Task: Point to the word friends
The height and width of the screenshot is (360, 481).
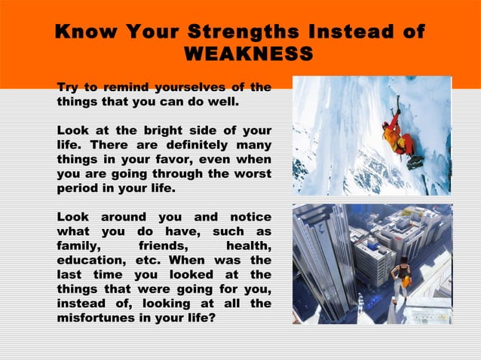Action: pyautogui.click(x=164, y=246)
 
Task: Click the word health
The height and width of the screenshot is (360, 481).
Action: pyautogui.click(x=248, y=246)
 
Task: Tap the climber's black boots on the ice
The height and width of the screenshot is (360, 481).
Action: pyautogui.click(x=415, y=163)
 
